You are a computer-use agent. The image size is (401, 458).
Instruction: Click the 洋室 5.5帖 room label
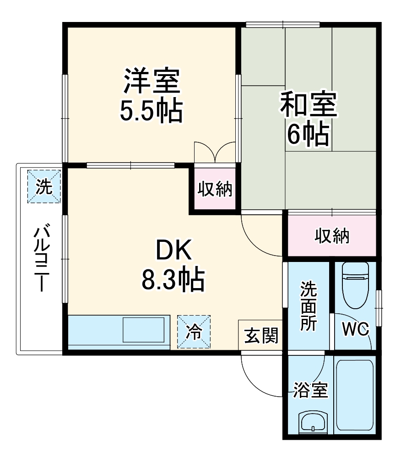(151, 95)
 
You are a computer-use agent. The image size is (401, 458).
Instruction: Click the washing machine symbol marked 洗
(43, 187)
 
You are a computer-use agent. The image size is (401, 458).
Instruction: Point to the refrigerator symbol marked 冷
(194, 332)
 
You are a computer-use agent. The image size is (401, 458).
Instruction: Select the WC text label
(356, 330)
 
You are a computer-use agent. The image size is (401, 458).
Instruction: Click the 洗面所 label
(308, 306)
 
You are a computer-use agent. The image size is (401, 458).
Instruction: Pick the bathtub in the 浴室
(355, 395)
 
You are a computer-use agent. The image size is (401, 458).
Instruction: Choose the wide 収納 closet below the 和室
(332, 235)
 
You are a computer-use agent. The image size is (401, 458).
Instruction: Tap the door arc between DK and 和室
(260, 236)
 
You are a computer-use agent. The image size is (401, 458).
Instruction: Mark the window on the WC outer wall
(378, 307)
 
